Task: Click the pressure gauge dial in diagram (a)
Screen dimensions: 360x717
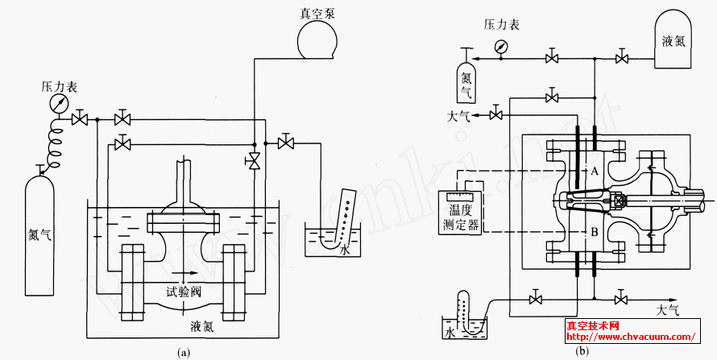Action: pyautogui.click(x=58, y=104)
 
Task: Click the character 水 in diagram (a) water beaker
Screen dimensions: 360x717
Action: pyautogui.click(x=344, y=250)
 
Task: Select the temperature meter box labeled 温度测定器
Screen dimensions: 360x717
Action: pyautogui.click(x=457, y=213)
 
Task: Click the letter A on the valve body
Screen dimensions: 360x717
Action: pyautogui.click(x=592, y=172)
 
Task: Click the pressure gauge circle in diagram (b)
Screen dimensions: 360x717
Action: pyautogui.click(x=502, y=47)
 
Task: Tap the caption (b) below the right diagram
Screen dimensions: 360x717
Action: pyautogui.click(x=582, y=350)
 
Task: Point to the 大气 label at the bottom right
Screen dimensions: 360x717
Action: pyautogui.click(x=668, y=309)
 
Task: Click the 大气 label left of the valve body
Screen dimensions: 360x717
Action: pyautogui.click(x=458, y=116)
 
